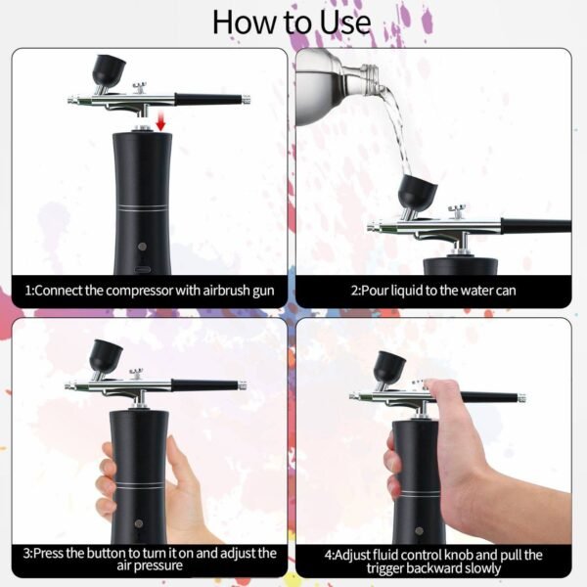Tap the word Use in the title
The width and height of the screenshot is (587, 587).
(x=345, y=23)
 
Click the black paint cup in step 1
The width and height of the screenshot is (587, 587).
(x=109, y=70)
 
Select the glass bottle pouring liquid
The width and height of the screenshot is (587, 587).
(x=337, y=87)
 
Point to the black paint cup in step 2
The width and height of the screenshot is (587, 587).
(x=417, y=192)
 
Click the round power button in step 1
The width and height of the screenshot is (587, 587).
(x=142, y=246)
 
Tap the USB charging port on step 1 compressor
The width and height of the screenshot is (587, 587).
(x=143, y=270)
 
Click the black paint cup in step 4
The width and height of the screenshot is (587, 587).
(x=389, y=367)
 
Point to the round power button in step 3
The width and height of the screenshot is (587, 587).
(x=139, y=523)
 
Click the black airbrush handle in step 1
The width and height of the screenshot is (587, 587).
(x=208, y=99)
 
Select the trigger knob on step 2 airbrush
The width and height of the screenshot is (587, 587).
(x=457, y=210)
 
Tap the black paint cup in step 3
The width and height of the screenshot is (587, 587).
(x=106, y=354)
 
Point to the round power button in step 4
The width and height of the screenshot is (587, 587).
(x=419, y=530)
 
